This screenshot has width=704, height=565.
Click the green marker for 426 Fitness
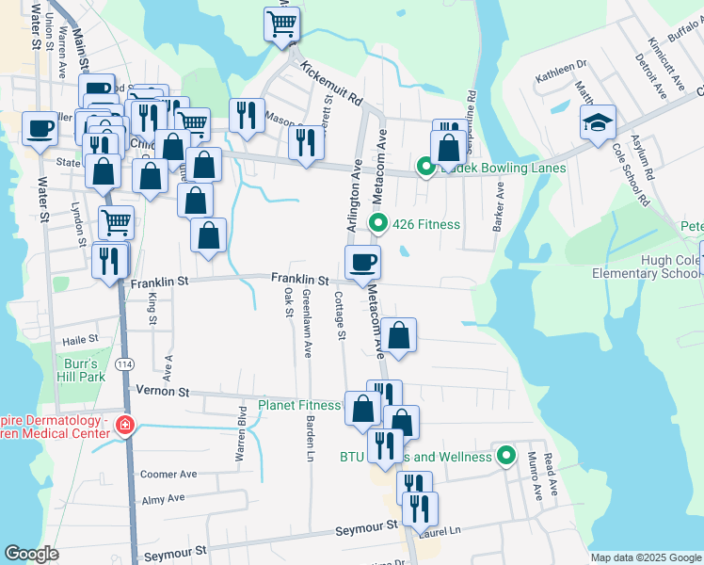coord(378,223)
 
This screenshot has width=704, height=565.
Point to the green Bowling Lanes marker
coord(424,169)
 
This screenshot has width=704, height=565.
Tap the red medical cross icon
coord(123,427)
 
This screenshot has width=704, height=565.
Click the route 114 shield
coord(123,363)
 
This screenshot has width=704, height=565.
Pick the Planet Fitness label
coord(299,406)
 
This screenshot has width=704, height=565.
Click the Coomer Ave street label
coord(168,475)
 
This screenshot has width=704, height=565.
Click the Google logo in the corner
coord(31,554)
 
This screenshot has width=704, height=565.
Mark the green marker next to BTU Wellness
coord(506,457)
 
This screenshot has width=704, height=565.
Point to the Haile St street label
coord(80,339)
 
